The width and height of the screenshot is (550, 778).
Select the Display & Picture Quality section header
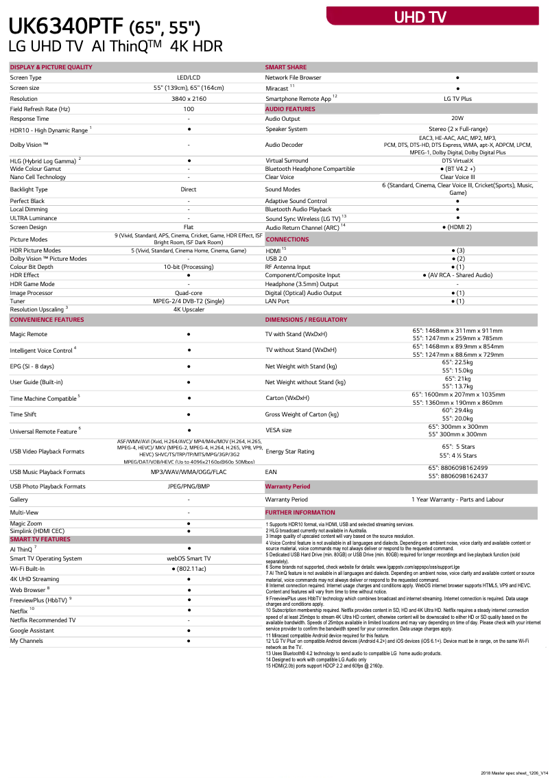(51, 67)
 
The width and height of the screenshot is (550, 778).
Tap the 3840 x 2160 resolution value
(189, 99)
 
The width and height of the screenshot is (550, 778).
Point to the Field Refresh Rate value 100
(189, 109)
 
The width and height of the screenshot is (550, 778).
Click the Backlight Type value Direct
(189, 189)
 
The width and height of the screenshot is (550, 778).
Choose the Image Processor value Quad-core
(189, 292)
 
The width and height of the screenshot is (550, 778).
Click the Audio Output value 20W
(457, 119)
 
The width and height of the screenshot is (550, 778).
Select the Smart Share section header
(286, 67)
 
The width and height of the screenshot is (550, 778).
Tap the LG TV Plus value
(457, 99)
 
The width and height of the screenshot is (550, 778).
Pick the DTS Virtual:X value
(457, 161)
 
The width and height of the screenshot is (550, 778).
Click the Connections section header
(287, 239)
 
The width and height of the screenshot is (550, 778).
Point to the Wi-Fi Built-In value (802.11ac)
(189, 569)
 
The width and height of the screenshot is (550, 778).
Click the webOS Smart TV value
(189, 558)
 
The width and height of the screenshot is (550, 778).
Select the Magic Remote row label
(29, 334)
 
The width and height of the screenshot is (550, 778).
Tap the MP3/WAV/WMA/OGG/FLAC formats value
(189, 472)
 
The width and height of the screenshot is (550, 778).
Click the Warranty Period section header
(287, 486)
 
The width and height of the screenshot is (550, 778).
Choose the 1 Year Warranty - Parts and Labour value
(457, 499)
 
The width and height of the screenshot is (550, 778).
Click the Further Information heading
(300, 512)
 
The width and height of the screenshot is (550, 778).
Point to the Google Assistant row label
(32, 630)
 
